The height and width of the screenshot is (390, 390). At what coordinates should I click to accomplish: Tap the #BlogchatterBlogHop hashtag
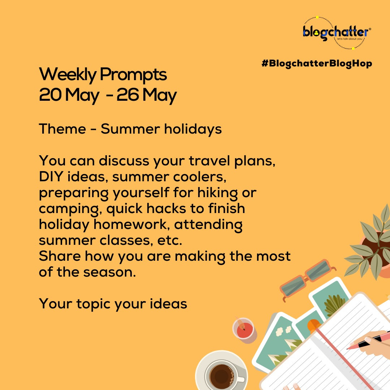[317, 64]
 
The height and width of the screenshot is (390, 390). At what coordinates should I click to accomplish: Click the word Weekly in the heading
[68, 75]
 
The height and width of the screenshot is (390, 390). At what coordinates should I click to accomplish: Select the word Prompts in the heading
[133, 75]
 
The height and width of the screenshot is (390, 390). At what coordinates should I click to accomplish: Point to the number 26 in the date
[127, 95]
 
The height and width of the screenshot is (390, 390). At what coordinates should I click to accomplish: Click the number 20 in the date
[50, 95]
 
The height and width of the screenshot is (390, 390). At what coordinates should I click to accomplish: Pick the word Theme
[62, 129]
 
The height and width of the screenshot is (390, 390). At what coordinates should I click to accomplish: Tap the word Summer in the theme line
[130, 129]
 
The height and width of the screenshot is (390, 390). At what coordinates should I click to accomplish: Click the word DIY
[51, 177]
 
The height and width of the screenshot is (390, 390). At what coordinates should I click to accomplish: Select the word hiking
[217, 193]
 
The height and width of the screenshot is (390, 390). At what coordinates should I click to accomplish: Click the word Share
[60, 256]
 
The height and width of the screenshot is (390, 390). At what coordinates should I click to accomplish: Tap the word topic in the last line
[93, 304]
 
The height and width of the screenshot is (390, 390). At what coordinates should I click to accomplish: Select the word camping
[70, 209]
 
